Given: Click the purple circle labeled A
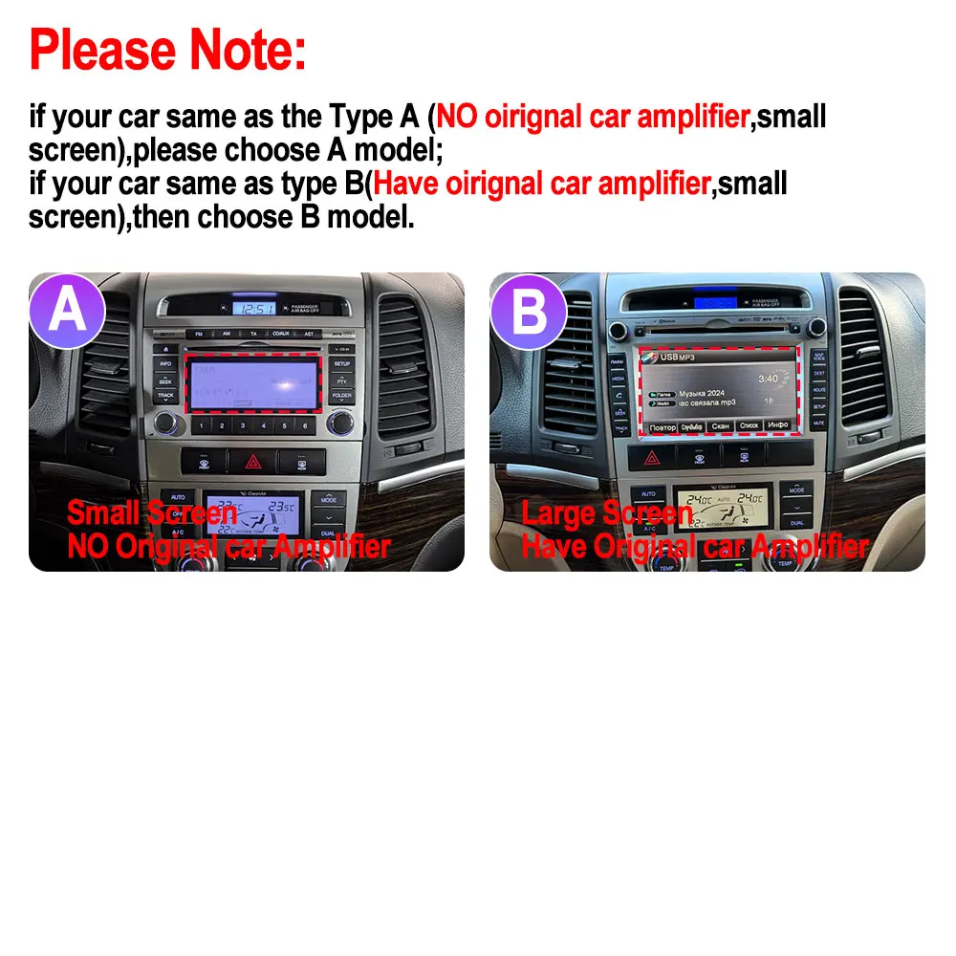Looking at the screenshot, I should (67, 310).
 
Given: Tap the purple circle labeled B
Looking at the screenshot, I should (529, 310).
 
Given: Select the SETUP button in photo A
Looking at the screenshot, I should (341, 364).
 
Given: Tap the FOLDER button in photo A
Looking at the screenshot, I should (341, 395).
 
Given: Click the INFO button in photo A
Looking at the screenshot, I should (165, 364).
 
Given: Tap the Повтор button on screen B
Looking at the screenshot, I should (662, 427).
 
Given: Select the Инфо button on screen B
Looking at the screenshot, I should (777, 424).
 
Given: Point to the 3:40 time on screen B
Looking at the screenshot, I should (766, 378).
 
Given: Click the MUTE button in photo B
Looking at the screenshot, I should (819, 422).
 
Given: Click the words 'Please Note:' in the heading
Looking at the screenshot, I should (168, 50).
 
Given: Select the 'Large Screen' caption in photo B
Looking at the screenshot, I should (607, 514).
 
